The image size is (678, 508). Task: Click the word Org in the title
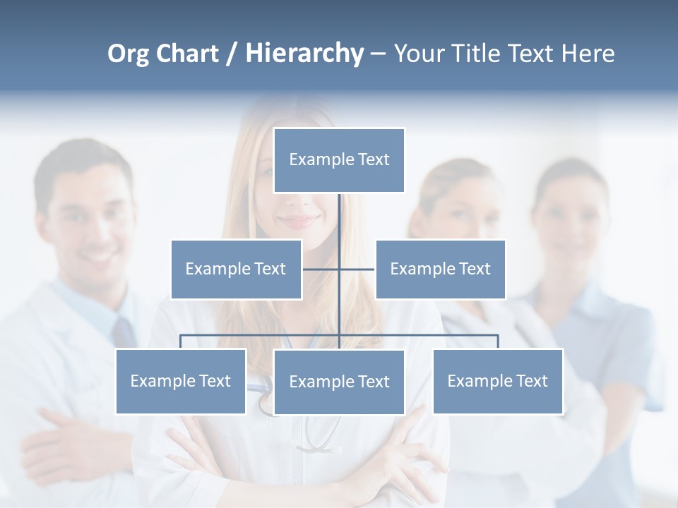[129, 54]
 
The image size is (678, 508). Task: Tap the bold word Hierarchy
[304, 54]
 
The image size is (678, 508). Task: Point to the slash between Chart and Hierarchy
[232, 54]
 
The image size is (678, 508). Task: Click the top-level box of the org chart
[339, 160]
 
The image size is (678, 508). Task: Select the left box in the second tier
[236, 269]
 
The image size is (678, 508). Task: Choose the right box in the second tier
[440, 269]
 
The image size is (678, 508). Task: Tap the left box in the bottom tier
[181, 381]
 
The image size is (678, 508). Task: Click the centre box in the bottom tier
[339, 382]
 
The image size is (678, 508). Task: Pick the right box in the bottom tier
[497, 381]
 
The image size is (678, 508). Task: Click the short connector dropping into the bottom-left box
[181, 341]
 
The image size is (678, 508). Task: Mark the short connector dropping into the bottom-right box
[498, 341]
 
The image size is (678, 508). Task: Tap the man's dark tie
[124, 332]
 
